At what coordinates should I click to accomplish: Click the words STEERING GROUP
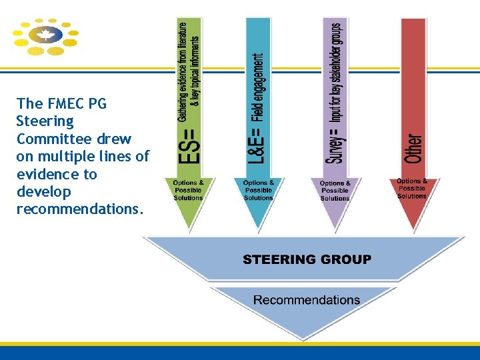click(307, 259)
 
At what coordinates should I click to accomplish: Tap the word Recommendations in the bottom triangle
click(307, 300)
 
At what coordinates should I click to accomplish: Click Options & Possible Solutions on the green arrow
click(188, 190)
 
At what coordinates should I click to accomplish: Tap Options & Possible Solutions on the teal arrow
click(259, 190)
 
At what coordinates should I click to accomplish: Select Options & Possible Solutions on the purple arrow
click(335, 191)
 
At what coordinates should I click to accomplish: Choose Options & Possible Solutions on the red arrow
click(411, 189)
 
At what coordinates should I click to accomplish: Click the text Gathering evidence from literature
click(182, 70)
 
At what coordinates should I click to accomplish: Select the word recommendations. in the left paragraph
click(79, 209)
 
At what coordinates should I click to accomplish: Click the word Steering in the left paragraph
click(45, 121)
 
